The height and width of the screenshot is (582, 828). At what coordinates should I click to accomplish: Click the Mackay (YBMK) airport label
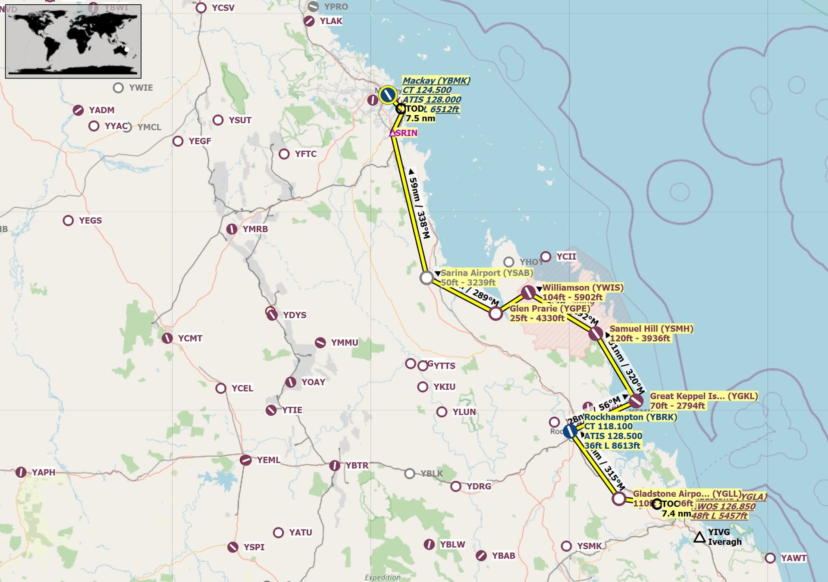[x=436, y=81]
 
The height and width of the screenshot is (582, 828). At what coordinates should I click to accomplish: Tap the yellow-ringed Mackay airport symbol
[x=388, y=95]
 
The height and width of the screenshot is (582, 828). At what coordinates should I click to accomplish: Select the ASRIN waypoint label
[x=405, y=133]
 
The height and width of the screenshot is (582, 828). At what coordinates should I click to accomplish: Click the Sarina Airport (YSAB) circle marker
[x=427, y=278]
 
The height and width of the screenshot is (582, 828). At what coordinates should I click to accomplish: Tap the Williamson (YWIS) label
[x=583, y=288]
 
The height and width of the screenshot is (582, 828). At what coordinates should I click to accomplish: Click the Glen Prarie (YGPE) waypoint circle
[x=496, y=313]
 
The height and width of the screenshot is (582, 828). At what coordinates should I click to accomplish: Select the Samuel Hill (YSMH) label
[x=651, y=329]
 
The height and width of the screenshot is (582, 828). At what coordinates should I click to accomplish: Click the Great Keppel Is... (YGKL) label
[x=703, y=396]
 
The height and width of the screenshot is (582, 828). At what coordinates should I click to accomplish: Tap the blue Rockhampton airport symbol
[x=570, y=431]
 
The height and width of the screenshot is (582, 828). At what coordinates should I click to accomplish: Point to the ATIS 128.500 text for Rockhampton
[x=613, y=436]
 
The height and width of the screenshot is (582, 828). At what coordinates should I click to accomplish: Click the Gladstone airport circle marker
[x=619, y=499]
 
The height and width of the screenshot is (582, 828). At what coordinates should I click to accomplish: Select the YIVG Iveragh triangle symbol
[x=699, y=538]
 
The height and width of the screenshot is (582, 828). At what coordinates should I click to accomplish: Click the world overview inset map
[x=73, y=41]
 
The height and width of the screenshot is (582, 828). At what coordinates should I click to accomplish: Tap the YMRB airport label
[x=255, y=229]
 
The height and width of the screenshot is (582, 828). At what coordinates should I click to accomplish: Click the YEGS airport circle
[x=68, y=221]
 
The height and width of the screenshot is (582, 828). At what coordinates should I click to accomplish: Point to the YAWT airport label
[x=793, y=558]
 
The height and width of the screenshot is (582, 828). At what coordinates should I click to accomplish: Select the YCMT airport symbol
[x=167, y=338]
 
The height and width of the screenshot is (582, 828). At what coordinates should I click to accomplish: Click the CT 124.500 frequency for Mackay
[x=427, y=90]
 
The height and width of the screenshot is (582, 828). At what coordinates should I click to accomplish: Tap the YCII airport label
[x=566, y=257]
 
